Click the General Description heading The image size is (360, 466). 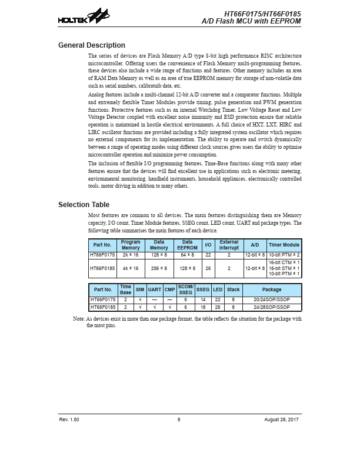coord(92,45)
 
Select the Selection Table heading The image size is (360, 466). coord(84,205)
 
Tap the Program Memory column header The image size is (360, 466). coord(131,245)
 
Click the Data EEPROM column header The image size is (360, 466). coord(187,245)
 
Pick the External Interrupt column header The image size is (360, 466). coord(229,245)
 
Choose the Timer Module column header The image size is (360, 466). coord(284,245)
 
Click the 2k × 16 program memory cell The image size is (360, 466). coord(131,255)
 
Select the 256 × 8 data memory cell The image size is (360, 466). coord(159,268)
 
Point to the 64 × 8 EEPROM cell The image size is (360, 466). coord(187,255)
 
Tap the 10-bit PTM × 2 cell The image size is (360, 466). coord(284,255)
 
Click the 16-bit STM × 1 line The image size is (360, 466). coord(284,268)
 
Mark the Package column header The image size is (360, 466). coord(272,289)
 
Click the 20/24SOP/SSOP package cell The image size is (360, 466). coord(272,300)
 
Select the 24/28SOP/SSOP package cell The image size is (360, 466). coord(272,307)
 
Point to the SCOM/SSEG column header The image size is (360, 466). coord(186,289)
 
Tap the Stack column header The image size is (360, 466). coord(234,289)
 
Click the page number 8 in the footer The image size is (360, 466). coord(179,419)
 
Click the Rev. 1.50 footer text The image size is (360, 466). coord(69,419)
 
